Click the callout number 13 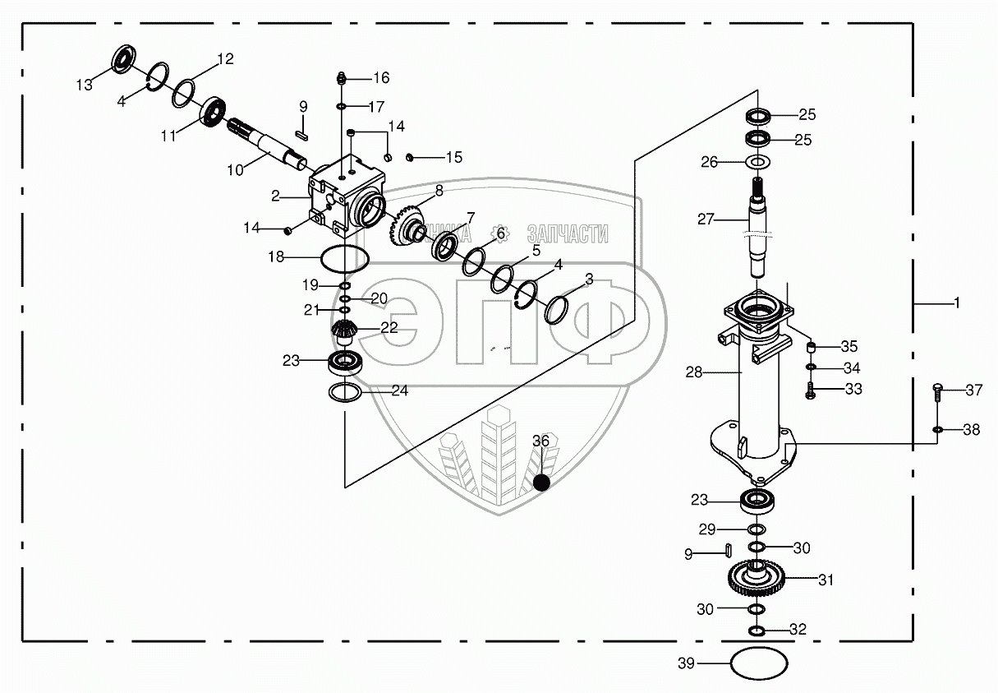pyautogui.click(x=85, y=85)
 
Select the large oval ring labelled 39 pyautogui.click(x=759, y=663)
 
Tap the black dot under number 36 pyautogui.click(x=540, y=483)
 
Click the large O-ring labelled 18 pyautogui.click(x=343, y=257)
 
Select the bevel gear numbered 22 pyautogui.click(x=344, y=332)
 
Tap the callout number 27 pyautogui.click(x=706, y=219)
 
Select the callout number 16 pyautogui.click(x=380, y=78)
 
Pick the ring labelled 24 pyautogui.click(x=345, y=393)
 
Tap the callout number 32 pyautogui.click(x=798, y=630)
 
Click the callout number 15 pyautogui.click(x=454, y=157)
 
